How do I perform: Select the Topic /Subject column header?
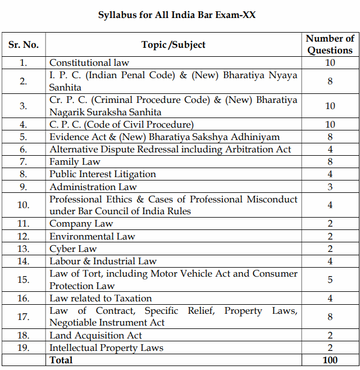click(x=174, y=44)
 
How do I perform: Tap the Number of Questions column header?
click(x=330, y=44)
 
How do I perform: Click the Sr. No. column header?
click(x=23, y=44)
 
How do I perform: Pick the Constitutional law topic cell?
click(x=89, y=63)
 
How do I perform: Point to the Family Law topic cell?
click(x=75, y=162)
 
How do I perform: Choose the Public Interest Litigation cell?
click(x=103, y=174)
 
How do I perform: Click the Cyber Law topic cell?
click(x=73, y=249)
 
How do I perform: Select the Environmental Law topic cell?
click(x=92, y=236)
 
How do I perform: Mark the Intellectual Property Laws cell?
click(x=106, y=348)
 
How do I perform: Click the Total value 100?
click(x=330, y=360)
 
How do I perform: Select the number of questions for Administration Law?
click(x=330, y=187)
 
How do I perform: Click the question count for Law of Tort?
click(x=330, y=279)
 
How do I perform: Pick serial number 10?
click(x=23, y=205)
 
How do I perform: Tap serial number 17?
click(x=23, y=317)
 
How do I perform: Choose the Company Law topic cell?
click(x=81, y=224)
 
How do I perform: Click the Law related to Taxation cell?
click(x=101, y=298)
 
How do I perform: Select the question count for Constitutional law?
click(x=330, y=63)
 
